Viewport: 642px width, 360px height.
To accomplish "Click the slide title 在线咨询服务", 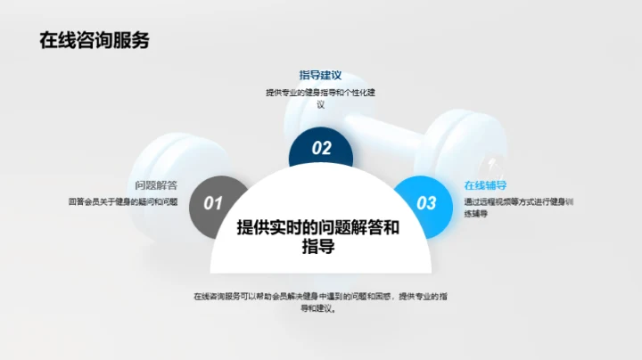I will click(x=94, y=40).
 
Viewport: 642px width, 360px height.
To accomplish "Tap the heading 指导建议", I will click(x=320, y=76).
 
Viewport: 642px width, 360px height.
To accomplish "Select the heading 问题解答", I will click(x=156, y=185).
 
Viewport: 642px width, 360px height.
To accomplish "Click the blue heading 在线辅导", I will click(x=485, y=185).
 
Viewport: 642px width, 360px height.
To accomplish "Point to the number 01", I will click(x=214, y=203).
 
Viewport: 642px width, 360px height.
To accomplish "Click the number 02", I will click(x=321, y=149).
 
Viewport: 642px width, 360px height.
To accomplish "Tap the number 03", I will click(x=427, y=203).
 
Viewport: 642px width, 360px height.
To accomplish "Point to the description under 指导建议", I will click(x=320, y=98).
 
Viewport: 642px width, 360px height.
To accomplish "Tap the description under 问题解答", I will click(x=122, y=202).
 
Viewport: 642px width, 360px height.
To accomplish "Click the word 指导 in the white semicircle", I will click(x=318, y=247).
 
